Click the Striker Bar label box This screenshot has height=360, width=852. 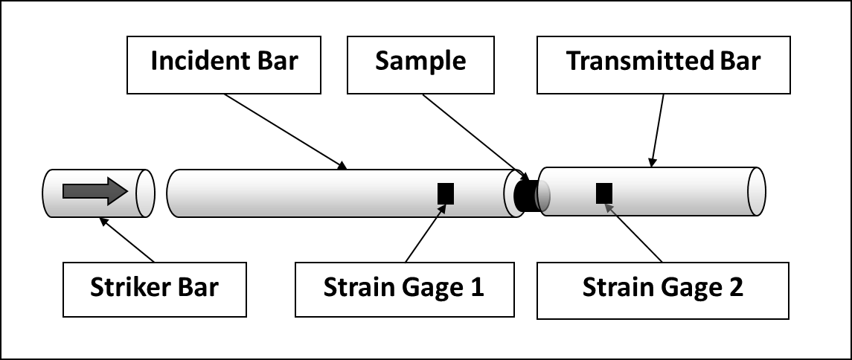click(154, 289)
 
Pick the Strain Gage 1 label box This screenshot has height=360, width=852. click(403, 289)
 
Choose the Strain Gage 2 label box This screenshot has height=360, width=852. click(662, 289)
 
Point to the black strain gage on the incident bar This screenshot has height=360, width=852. click(445, 193)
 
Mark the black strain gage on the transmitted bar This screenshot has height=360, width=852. click(604, 193)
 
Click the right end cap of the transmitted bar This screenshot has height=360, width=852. click(756, 192)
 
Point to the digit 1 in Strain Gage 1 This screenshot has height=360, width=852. click(477, 288)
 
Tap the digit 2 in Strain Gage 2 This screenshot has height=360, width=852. click(735, 288)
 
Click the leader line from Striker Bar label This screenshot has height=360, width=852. click(127, 240)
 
